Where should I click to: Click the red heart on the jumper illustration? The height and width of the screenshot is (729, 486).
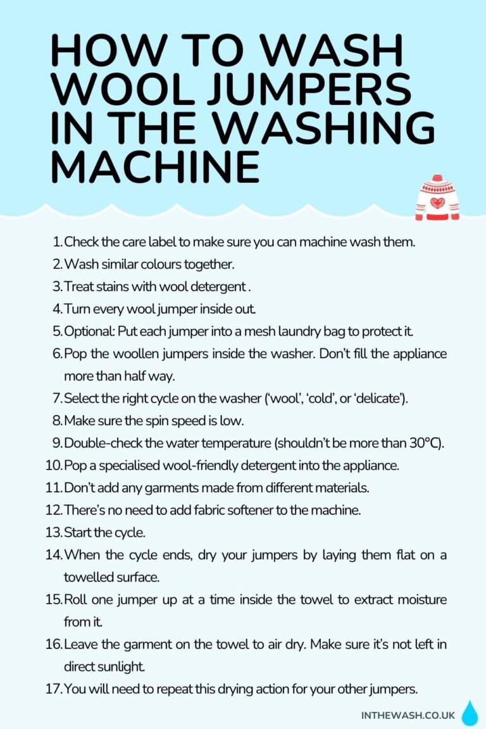click(437, 203)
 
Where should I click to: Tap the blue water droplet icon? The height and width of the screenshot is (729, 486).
click(470, 713)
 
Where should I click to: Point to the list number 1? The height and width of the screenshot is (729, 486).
click(57, 241)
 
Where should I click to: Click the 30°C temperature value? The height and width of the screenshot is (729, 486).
click(425, 442)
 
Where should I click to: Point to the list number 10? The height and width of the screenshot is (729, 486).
click(53, 465)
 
